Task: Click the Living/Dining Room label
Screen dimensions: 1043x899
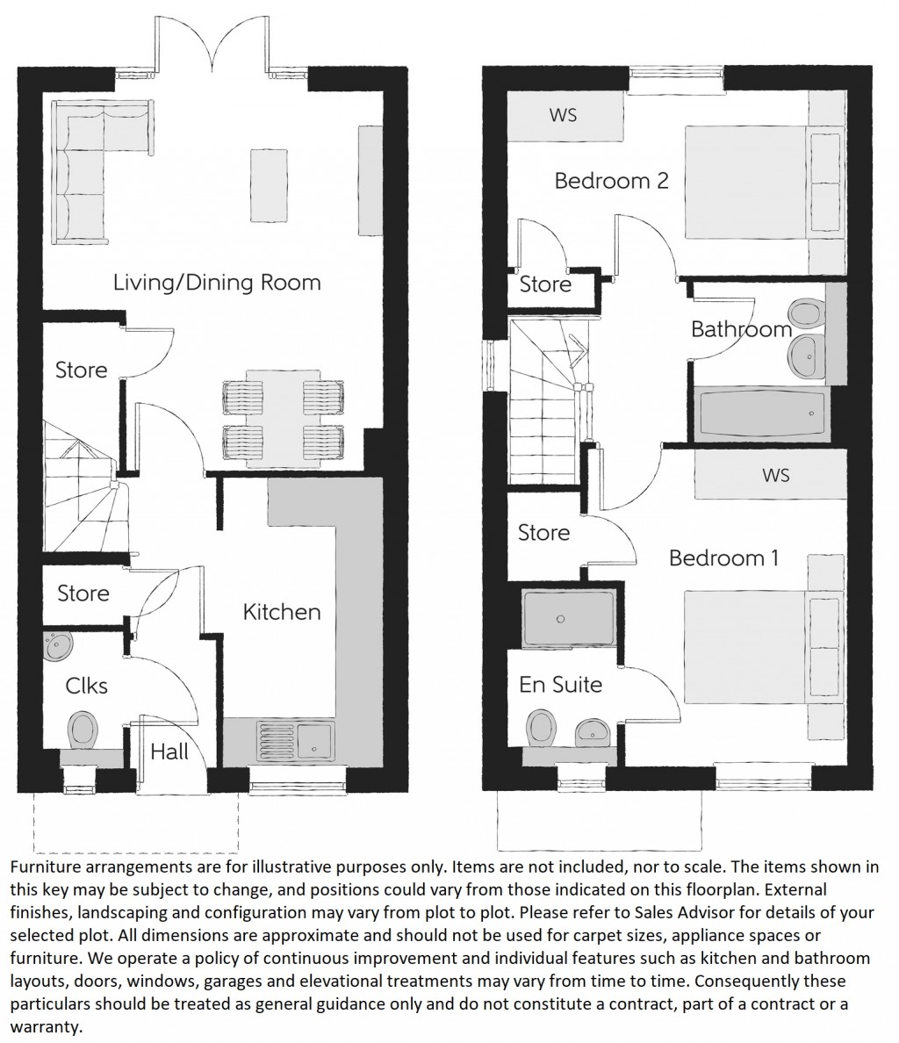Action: pos(217,283)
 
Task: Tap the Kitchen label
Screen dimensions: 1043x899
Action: pos(282,611)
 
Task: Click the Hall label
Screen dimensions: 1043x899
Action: pos(169,752)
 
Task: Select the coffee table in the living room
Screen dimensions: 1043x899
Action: pos(269,186)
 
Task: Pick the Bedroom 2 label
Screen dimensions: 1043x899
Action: pos(611,181)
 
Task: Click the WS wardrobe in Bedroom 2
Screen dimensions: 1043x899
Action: pos(564,115)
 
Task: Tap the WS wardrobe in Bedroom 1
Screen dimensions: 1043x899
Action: pos(776,475)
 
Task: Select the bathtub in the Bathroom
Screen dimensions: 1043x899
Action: pos(761,414)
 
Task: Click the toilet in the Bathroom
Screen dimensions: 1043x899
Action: pos(805,313)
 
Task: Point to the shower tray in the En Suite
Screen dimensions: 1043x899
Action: pos(559,618)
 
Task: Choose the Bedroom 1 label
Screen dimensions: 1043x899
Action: pos(723,558)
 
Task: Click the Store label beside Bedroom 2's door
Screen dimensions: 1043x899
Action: pos(545,284)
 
